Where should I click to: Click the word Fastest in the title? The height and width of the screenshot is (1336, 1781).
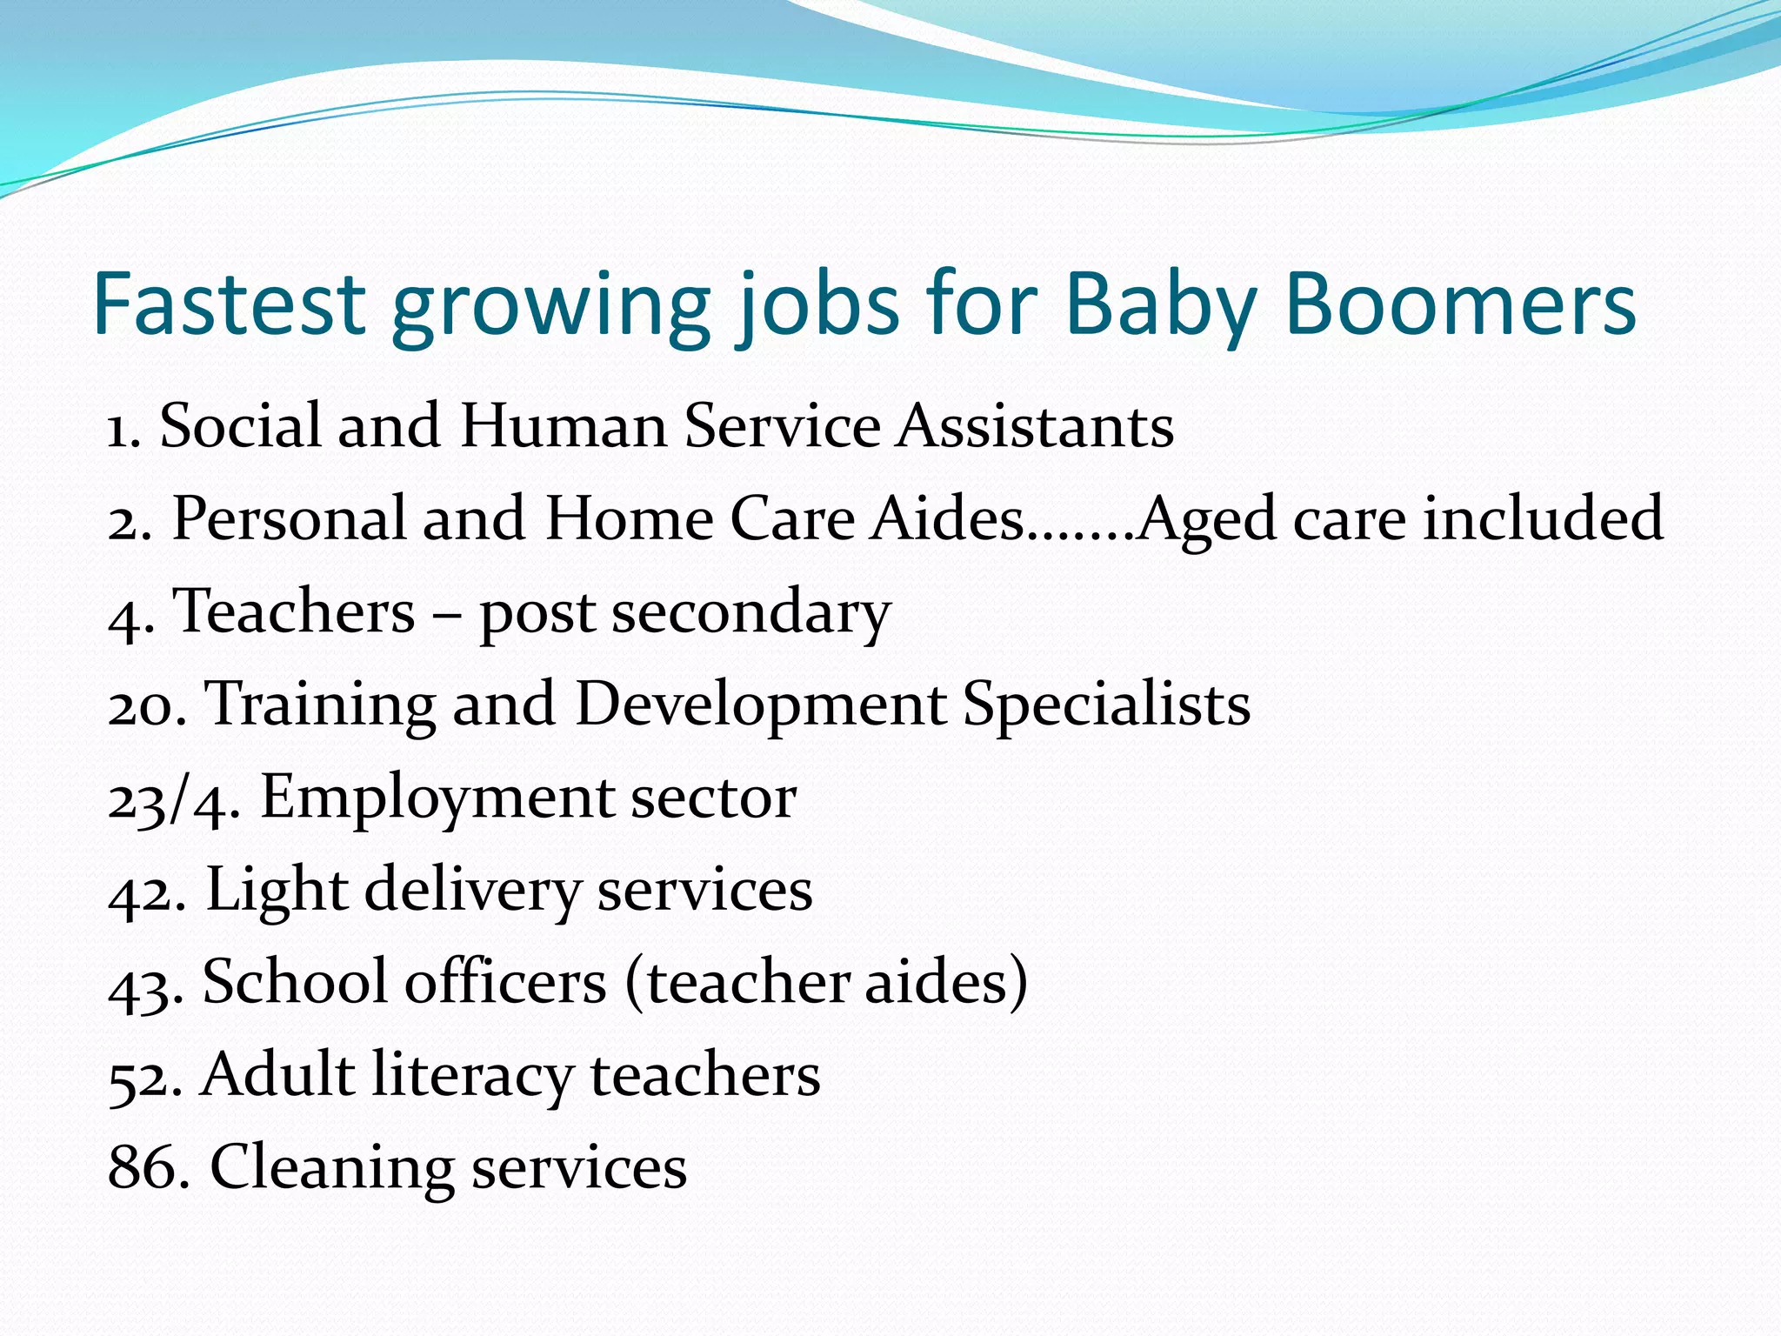[229, 304]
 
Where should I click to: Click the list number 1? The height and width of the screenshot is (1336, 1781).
[123, 429]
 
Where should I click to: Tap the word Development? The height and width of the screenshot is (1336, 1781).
[760, 705]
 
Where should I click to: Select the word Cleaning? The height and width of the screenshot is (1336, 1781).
[332, 1168]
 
